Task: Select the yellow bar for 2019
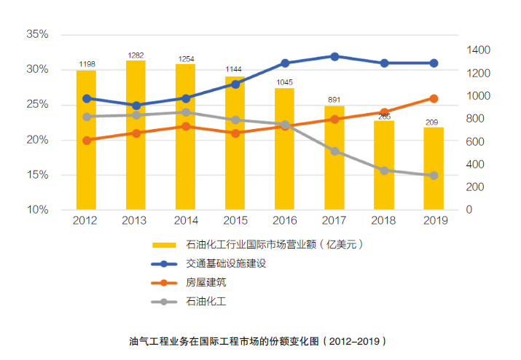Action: (x=434, y=168)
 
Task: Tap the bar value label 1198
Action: (x=86, y=64)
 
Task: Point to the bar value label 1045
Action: (x=285, y=82)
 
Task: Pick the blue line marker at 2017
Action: (x=334, y=56)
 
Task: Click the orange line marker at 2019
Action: (x=434, y=98)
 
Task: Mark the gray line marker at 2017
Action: (x=334, y=151)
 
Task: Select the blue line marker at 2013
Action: (x=136, y=106)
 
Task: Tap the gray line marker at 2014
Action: (x=185, y=112)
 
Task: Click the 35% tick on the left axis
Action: (x=36, y=34)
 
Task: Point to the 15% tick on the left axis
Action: (x=36, y=175)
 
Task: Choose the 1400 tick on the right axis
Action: (x=477, y=50)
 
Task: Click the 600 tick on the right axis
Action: (x=474, y=141)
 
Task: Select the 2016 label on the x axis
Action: (x=285, y=220)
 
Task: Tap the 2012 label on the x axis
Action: (x=86, y=220)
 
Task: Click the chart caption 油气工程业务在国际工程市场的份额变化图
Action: (x=257, y=340)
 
